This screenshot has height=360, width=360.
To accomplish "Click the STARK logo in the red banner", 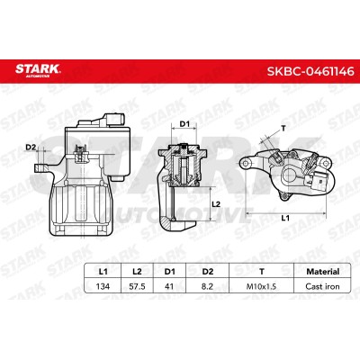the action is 38,70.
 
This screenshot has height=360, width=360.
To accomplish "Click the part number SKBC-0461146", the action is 310,71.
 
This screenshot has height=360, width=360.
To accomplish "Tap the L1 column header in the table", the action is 103,272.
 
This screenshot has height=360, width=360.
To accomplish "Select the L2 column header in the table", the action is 137,272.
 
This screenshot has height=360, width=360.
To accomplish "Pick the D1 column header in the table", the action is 169,272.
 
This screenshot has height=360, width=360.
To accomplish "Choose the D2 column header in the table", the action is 207,272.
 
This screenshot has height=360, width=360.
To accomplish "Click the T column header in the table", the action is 262,272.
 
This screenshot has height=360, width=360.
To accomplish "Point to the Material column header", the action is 322,272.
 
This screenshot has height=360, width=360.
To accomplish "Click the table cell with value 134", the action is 103,286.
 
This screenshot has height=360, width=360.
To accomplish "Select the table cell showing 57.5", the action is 137,286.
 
